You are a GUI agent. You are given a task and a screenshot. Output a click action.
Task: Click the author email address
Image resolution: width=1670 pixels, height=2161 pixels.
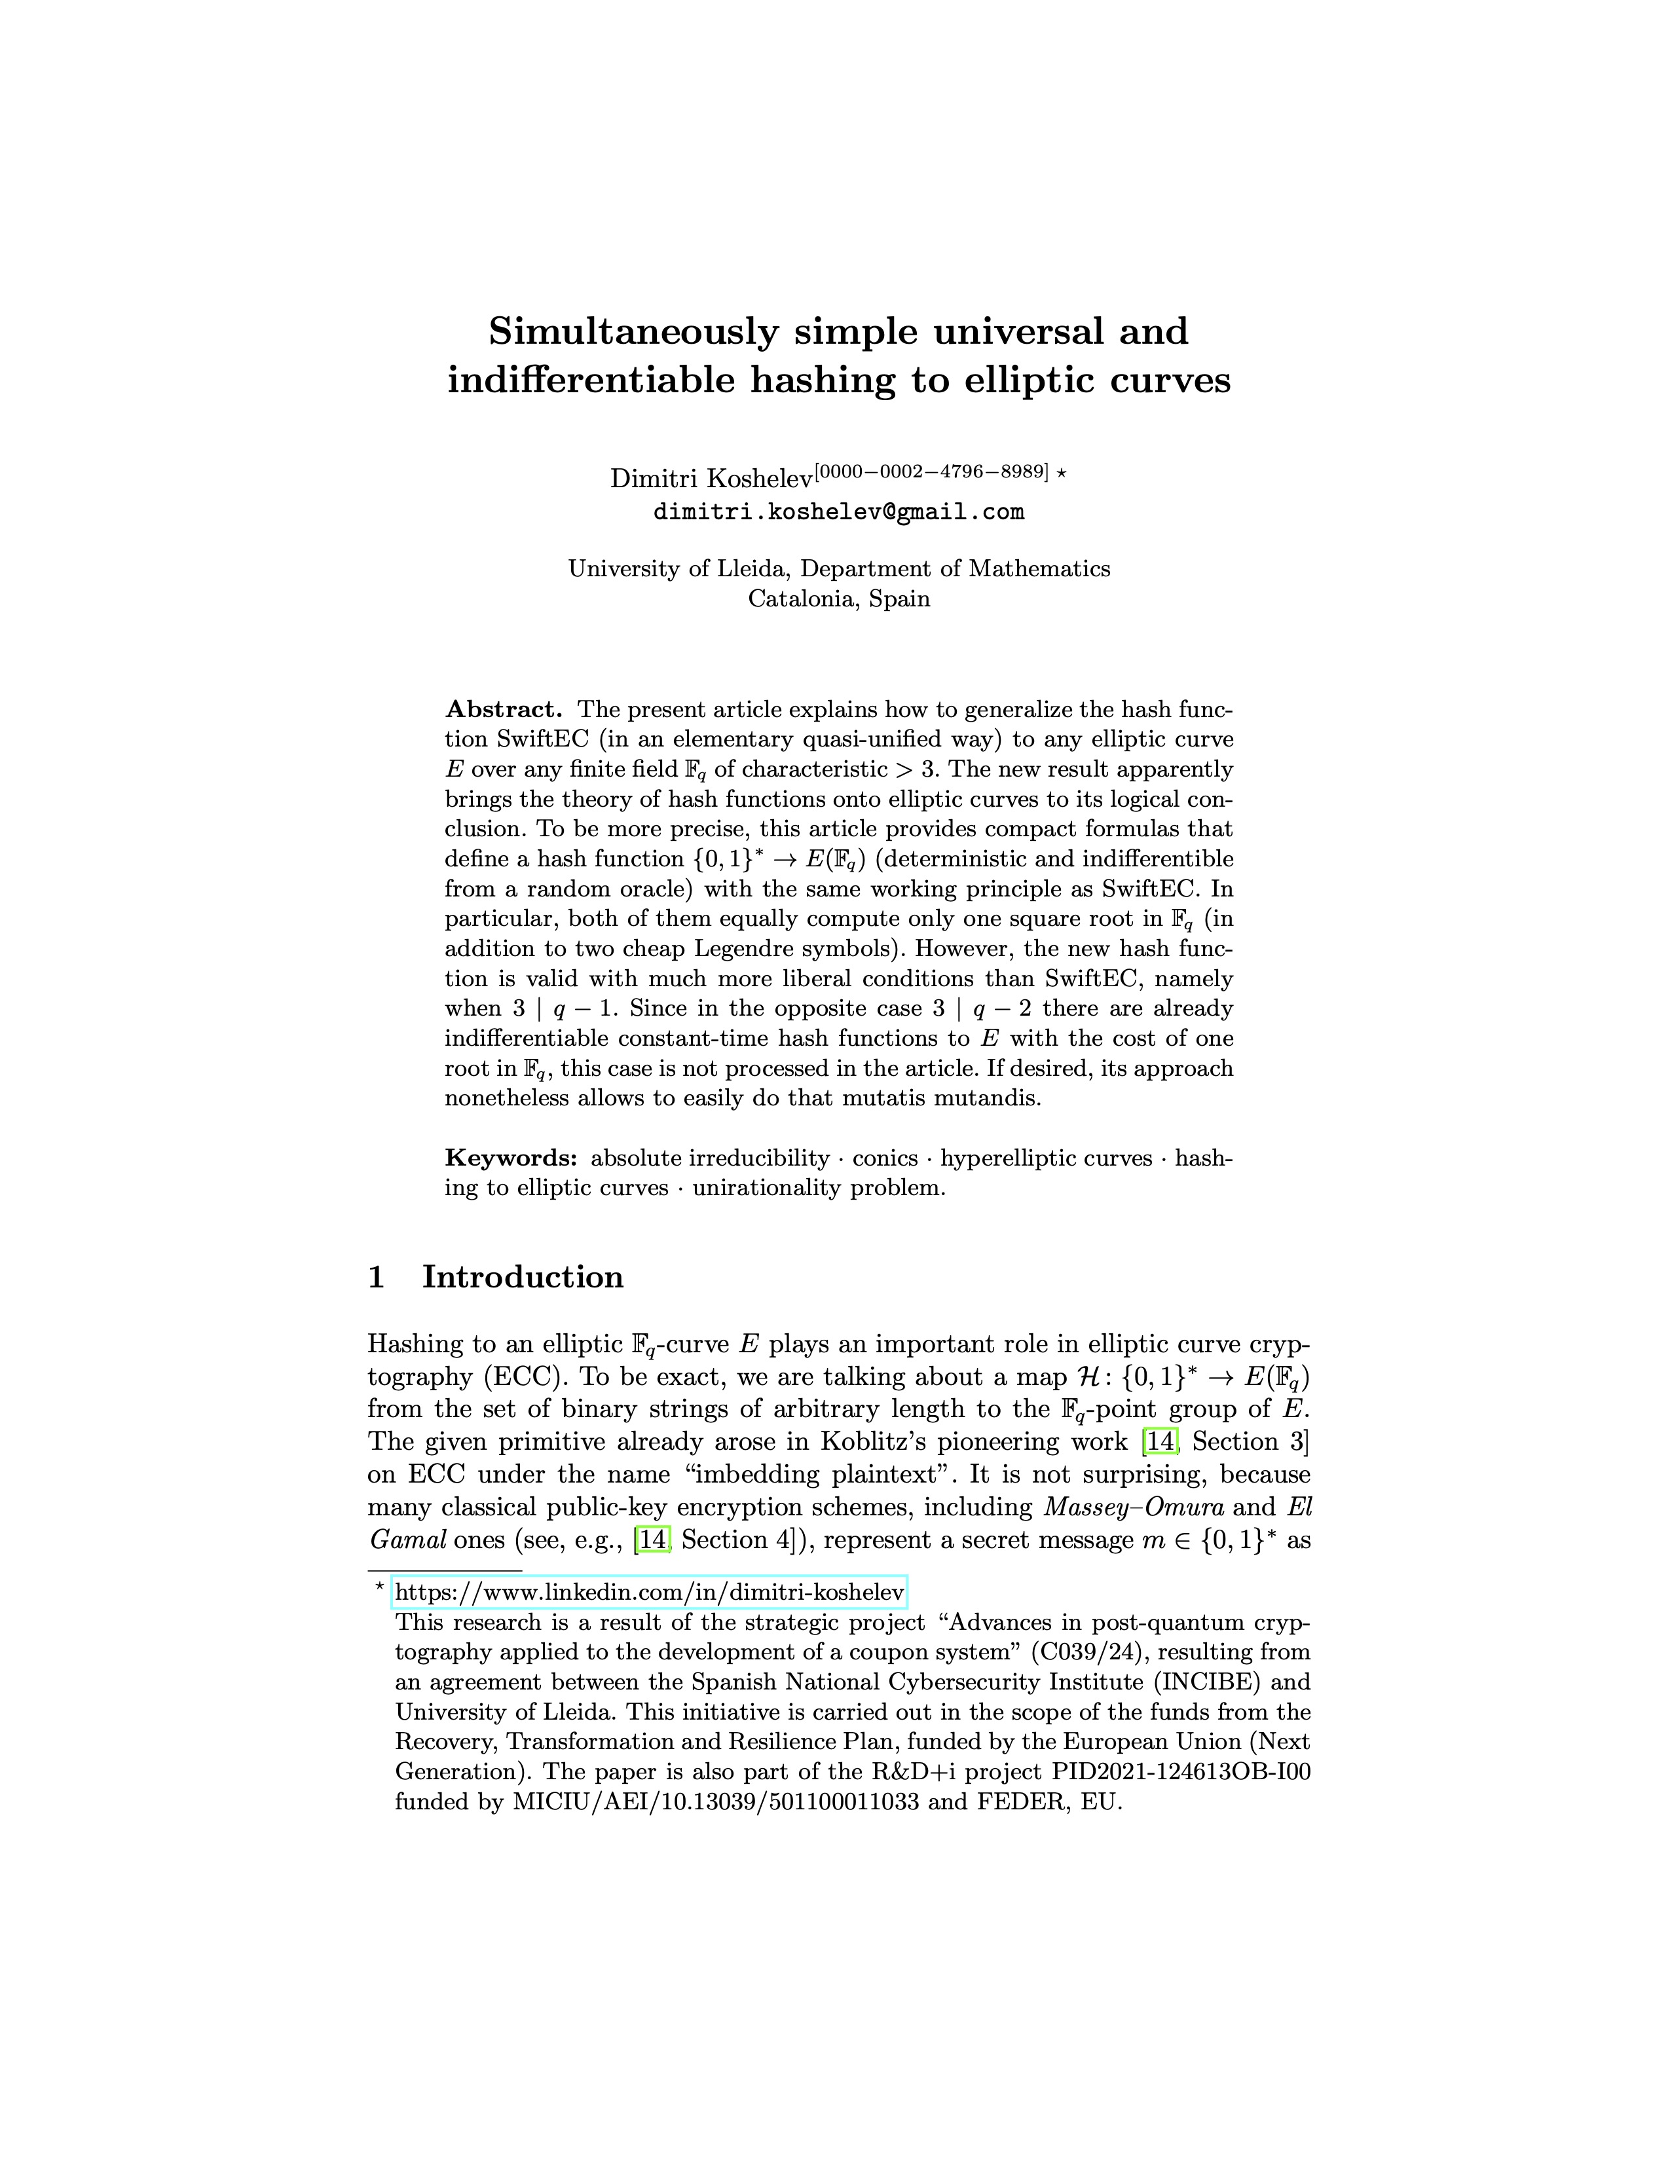(x=838, y=513)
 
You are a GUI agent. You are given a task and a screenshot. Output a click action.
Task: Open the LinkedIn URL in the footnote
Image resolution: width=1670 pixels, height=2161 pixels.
(x=649, y=1592)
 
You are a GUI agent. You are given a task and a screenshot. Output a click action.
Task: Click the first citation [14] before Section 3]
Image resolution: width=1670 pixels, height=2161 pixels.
(x=1159, y=1442)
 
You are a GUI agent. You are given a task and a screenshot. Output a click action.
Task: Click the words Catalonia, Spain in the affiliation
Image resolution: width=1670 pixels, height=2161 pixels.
(x=839, y=599)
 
